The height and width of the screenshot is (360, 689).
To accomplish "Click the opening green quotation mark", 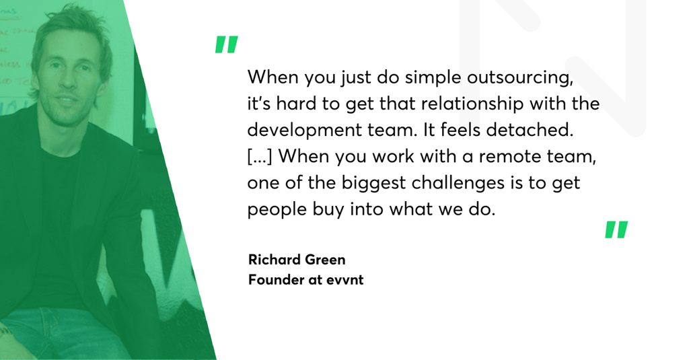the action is pyautogui.click(x=226, y=44).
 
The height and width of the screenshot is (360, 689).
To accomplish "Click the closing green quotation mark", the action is pyautogui.click(x=616, y=229).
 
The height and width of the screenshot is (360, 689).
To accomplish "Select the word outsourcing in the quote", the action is pyautogui.click(x=520, y=78).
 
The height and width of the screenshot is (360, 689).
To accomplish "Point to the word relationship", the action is pyautogui.click(x=472, y=104).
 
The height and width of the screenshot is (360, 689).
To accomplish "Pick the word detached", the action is pyautogui.click(x=530, y=130).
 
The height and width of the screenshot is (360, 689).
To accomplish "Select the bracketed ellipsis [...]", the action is pyautogui.click(x=260, y=157).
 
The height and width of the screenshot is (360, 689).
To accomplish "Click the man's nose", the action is pyautogui.click(x=67, y=82).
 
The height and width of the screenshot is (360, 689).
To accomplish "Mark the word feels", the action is pyautogui.click(x=460, y=130).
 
